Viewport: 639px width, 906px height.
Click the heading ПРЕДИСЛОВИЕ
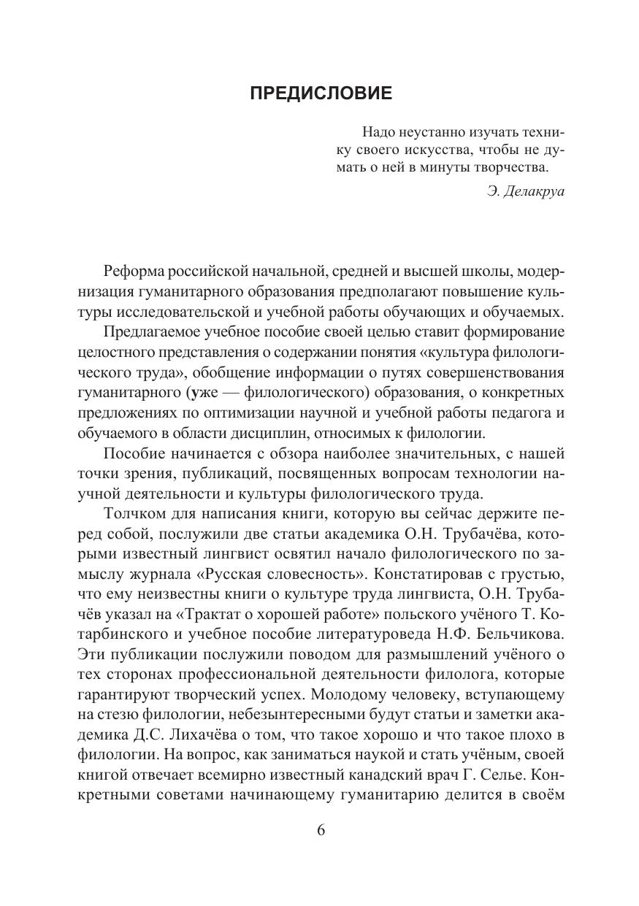[x=321, y=93]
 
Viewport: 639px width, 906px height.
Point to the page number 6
[x=320, y=832]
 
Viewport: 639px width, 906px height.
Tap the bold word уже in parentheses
[x=200, y=392]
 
